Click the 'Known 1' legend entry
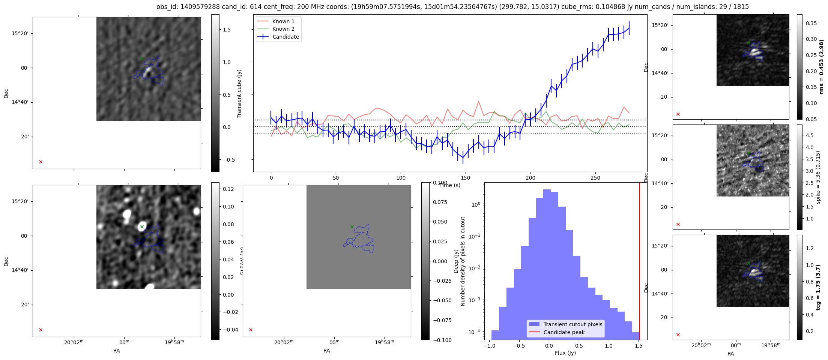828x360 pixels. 283,21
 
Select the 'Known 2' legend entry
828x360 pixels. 283,29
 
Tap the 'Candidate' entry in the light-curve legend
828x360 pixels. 286,37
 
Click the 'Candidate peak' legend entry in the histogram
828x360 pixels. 564,332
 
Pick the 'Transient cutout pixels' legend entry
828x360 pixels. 573,324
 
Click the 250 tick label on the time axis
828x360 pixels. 595,178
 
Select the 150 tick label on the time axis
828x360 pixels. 466,178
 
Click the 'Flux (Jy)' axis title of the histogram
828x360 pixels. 565,353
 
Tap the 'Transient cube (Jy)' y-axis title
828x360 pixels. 239,93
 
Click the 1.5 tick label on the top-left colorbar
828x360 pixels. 227,30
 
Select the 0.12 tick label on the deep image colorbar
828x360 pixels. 228,189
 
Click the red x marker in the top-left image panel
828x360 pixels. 41,162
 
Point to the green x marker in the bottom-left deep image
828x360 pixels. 142,226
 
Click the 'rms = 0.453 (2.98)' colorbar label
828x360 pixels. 821,67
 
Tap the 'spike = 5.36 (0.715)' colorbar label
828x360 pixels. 818,177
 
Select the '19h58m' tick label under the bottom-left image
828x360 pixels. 174,342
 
